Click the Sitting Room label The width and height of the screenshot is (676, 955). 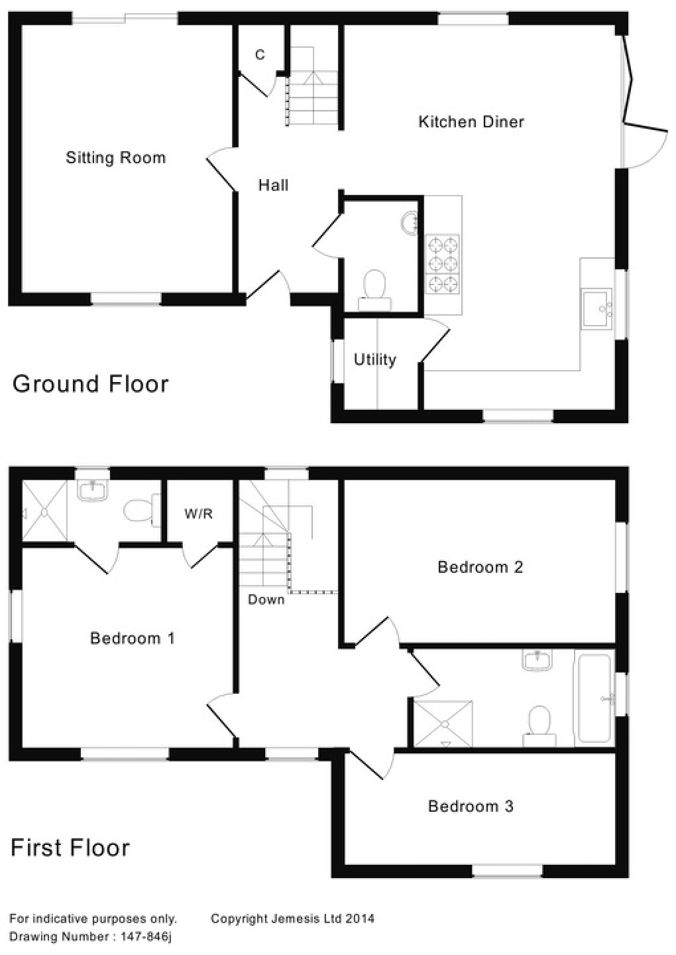pos(115,158)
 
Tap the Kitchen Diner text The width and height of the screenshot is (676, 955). pos(471,122)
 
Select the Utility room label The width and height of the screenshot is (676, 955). pos(375,359)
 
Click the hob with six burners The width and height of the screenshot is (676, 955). pos(443,265)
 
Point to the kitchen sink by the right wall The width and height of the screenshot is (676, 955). pos(597,308)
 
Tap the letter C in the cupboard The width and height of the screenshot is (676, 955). pos(260,54)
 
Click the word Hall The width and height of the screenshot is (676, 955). pos(273,185)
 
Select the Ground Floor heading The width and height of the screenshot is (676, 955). pos(91,384)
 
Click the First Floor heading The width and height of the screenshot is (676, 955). pos(70,848)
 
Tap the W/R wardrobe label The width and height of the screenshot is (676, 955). pos(199,514)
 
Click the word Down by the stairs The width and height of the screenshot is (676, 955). pos(266,600)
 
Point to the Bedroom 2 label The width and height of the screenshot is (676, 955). pos(480,567)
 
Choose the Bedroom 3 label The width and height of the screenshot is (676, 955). pos(471,806)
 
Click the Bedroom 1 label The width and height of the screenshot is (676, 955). pos(133,639)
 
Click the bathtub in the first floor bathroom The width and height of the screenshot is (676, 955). pos(594,698)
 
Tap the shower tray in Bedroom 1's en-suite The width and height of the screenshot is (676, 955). pos(44,511)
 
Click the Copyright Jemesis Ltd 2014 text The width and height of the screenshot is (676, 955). pos(292,919)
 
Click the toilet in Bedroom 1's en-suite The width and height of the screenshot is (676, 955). pos(140,511)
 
